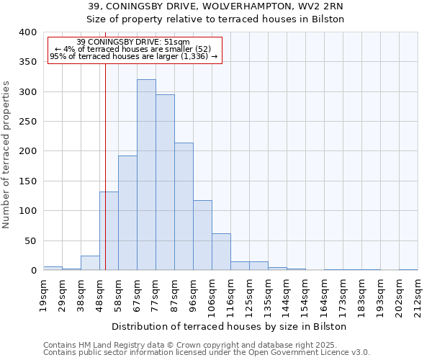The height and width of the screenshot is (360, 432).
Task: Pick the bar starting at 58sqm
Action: [x=127, y=213]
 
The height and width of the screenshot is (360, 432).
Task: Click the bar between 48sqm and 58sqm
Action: [x=109, y=231]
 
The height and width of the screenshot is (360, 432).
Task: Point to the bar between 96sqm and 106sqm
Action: [x=202, y=235]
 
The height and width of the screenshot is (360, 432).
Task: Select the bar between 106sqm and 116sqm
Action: [x=221, y=252]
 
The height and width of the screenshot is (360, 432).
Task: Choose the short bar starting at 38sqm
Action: [x=90, y=264]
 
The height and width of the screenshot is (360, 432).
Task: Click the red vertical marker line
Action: [x=105, y=144]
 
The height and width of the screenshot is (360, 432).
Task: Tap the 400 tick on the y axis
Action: [x=27, y=32]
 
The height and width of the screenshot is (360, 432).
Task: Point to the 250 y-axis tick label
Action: [x=27, y=122]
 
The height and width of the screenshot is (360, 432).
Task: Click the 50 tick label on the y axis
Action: [x=30, y=240]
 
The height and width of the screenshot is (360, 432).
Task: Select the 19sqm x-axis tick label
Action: [x=43, y=295]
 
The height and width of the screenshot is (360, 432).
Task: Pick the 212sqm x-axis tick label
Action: [x=418, y=295]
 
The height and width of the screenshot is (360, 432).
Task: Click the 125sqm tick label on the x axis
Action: [x=249, y=295]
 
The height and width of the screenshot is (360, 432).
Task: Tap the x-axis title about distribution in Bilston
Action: [x=230, y=326]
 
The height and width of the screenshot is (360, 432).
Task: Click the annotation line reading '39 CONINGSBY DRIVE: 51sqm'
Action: [x=133, y=42]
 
